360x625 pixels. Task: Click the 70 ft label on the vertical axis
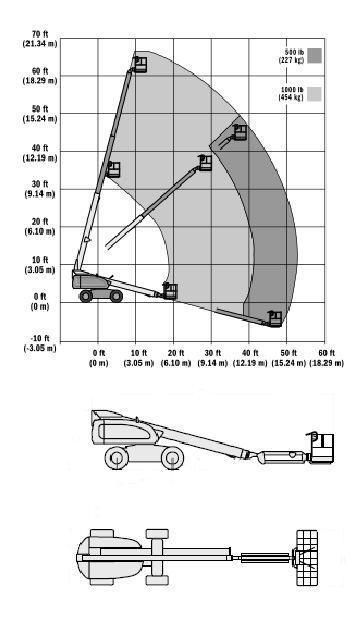pos(40,35)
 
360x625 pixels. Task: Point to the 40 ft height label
pos(40,148)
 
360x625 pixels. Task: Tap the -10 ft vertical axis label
pos(40,338)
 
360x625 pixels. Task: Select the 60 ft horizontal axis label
pos(326,353)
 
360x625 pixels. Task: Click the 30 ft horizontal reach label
pos(212,353)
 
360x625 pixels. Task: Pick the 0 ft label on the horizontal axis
pos(98,353)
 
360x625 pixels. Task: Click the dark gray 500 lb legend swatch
pos(314,55)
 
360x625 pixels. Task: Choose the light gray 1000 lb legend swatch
pos(314,94)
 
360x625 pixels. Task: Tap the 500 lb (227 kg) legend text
pos(291,56)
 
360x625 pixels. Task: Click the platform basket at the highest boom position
pos(140,64)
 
